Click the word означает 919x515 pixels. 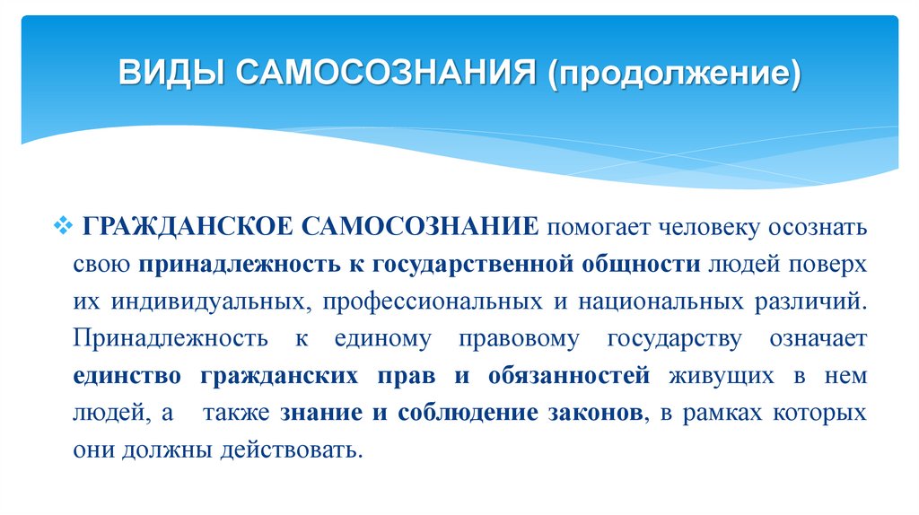pos(817,338)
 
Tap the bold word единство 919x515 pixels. pos(127,376)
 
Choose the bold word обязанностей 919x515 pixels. pos(570,376)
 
